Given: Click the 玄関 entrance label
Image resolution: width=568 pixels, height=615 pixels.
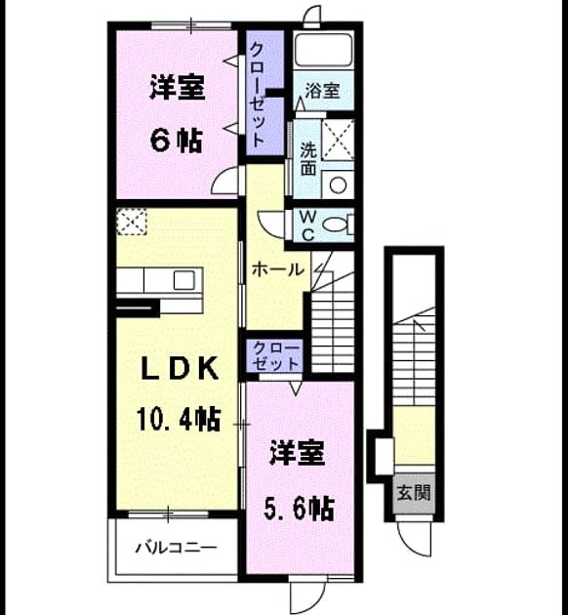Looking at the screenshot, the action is [x=414, y=493].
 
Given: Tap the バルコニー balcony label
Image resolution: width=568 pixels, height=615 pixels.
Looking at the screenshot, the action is [x=176, y=547].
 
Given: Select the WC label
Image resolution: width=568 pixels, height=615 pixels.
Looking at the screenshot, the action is [x=308, y=225].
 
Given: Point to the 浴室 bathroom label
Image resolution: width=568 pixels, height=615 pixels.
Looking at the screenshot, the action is [x=322, y=91].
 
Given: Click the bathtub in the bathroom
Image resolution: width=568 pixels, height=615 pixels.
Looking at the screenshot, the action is [x=323, y=50].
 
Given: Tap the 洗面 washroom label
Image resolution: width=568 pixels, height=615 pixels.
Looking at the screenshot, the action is [x=308, y=158].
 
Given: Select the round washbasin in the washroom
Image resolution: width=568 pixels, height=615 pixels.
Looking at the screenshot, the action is [x=338, y=184].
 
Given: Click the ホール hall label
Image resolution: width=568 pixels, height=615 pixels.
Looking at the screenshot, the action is [x=278, y=269].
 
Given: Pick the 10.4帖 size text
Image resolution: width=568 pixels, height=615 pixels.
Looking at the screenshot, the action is [x=179, y=419].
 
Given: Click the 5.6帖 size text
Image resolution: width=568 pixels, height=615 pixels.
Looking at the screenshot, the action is [x=299, y=509].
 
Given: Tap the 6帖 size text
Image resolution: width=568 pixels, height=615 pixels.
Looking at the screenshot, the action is [x=177, y=141].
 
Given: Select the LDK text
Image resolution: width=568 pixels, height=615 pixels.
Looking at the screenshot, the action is [x=180, y=368].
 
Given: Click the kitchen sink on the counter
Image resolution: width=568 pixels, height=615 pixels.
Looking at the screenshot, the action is [x=184, y=280].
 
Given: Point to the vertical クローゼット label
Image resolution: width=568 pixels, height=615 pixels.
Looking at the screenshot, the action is [x=257, y=95].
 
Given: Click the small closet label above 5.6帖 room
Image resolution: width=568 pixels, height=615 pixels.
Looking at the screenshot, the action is [x=276, y=355].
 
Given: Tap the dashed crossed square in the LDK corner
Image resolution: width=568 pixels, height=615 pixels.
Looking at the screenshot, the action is [x=132, y=222].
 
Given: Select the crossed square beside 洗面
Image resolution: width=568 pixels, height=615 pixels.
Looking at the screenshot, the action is [x=338, y=140].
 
